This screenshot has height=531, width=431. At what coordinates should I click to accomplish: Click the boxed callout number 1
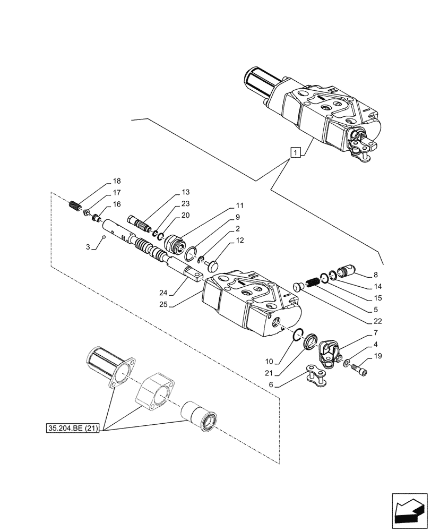(296, 152)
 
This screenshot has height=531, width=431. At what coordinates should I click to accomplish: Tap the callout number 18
(117, 181)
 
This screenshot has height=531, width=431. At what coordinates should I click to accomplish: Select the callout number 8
(376, 275)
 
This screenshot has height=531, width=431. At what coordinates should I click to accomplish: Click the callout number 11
(239, 205)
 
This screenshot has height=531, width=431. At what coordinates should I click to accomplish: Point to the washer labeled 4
(347, 364)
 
